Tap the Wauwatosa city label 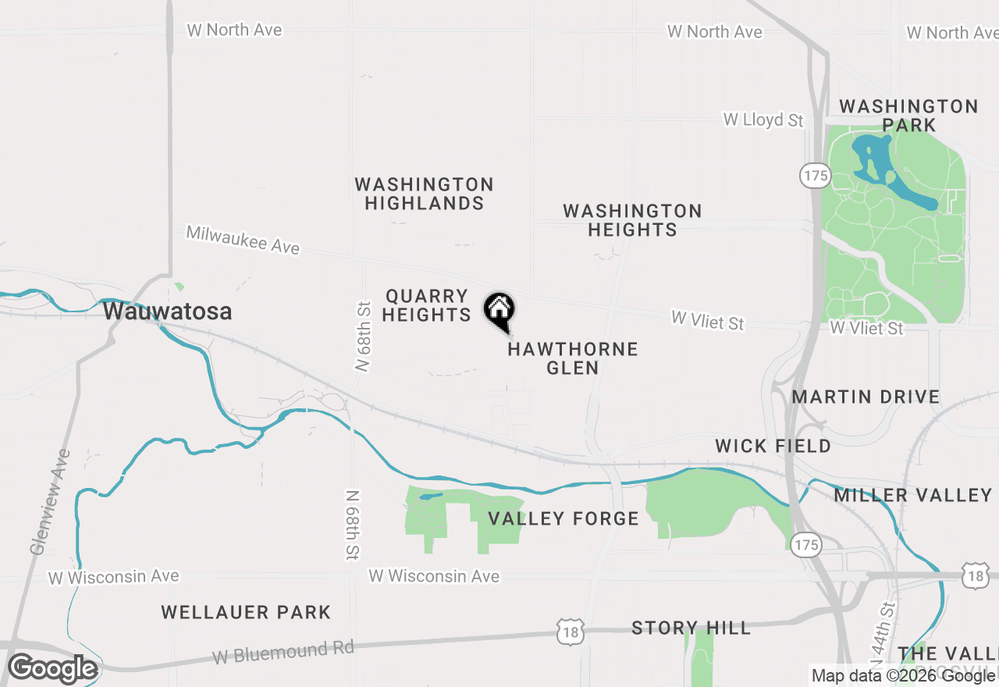click(167, 311)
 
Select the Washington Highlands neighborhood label click(424, 194)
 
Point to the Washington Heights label click(632, 220)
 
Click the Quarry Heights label click(427, 305)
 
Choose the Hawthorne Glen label click(573, 358)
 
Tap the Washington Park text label click(908, 115)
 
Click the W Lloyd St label click(763, 119)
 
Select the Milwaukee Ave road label click(243, 240)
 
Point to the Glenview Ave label click(50, 501)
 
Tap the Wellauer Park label click(246, 612)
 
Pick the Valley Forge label click(563, 518)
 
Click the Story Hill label click(691, 628)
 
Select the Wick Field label click(773, 446)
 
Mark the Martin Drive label click(866, 397)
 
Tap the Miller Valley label click(912, 495)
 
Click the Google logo click(52, 668)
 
